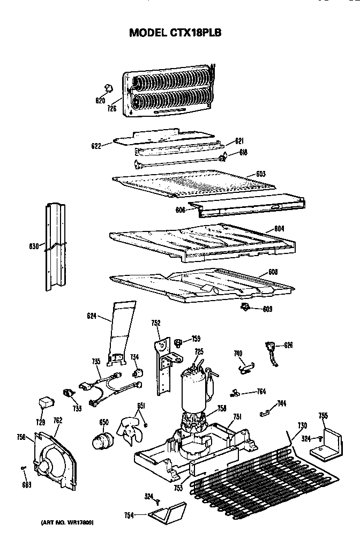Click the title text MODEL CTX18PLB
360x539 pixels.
coord(175,33)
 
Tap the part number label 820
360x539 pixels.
coord(100,100)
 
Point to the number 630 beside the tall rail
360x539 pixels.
coord(34,246)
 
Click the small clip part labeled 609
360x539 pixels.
coord(246,307)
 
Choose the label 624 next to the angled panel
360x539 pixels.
coord(91,317)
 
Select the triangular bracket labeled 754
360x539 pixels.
coord(166,515)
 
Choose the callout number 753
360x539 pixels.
coord(178,488)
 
